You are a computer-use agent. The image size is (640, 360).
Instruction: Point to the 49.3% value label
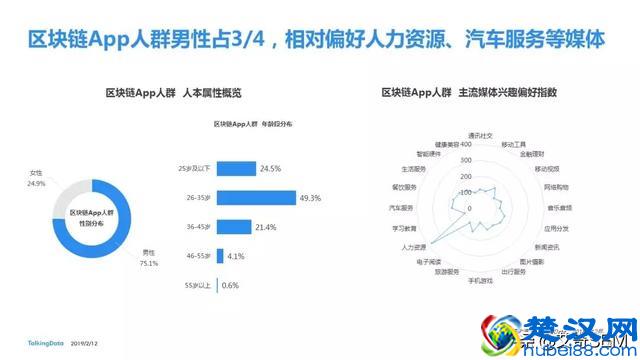310,198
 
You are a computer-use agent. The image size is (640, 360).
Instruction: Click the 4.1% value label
236,256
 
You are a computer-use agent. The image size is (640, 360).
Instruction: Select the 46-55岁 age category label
195,256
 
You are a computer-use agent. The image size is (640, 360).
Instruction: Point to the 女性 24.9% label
38,177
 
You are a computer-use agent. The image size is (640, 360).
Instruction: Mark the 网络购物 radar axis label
556,188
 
